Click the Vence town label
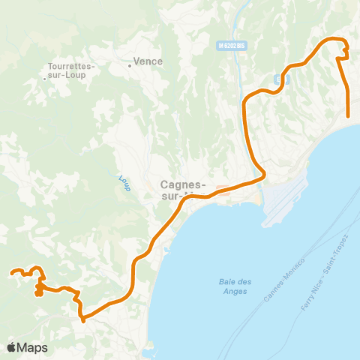tap(147, 62)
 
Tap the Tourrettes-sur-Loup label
tap(68, 70)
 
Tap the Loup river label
tap(124, 183)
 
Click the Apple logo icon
tap(11, 347)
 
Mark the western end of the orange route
tap(12, 273)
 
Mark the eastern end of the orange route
tap(349, 115)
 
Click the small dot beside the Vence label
tap(130, 65)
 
